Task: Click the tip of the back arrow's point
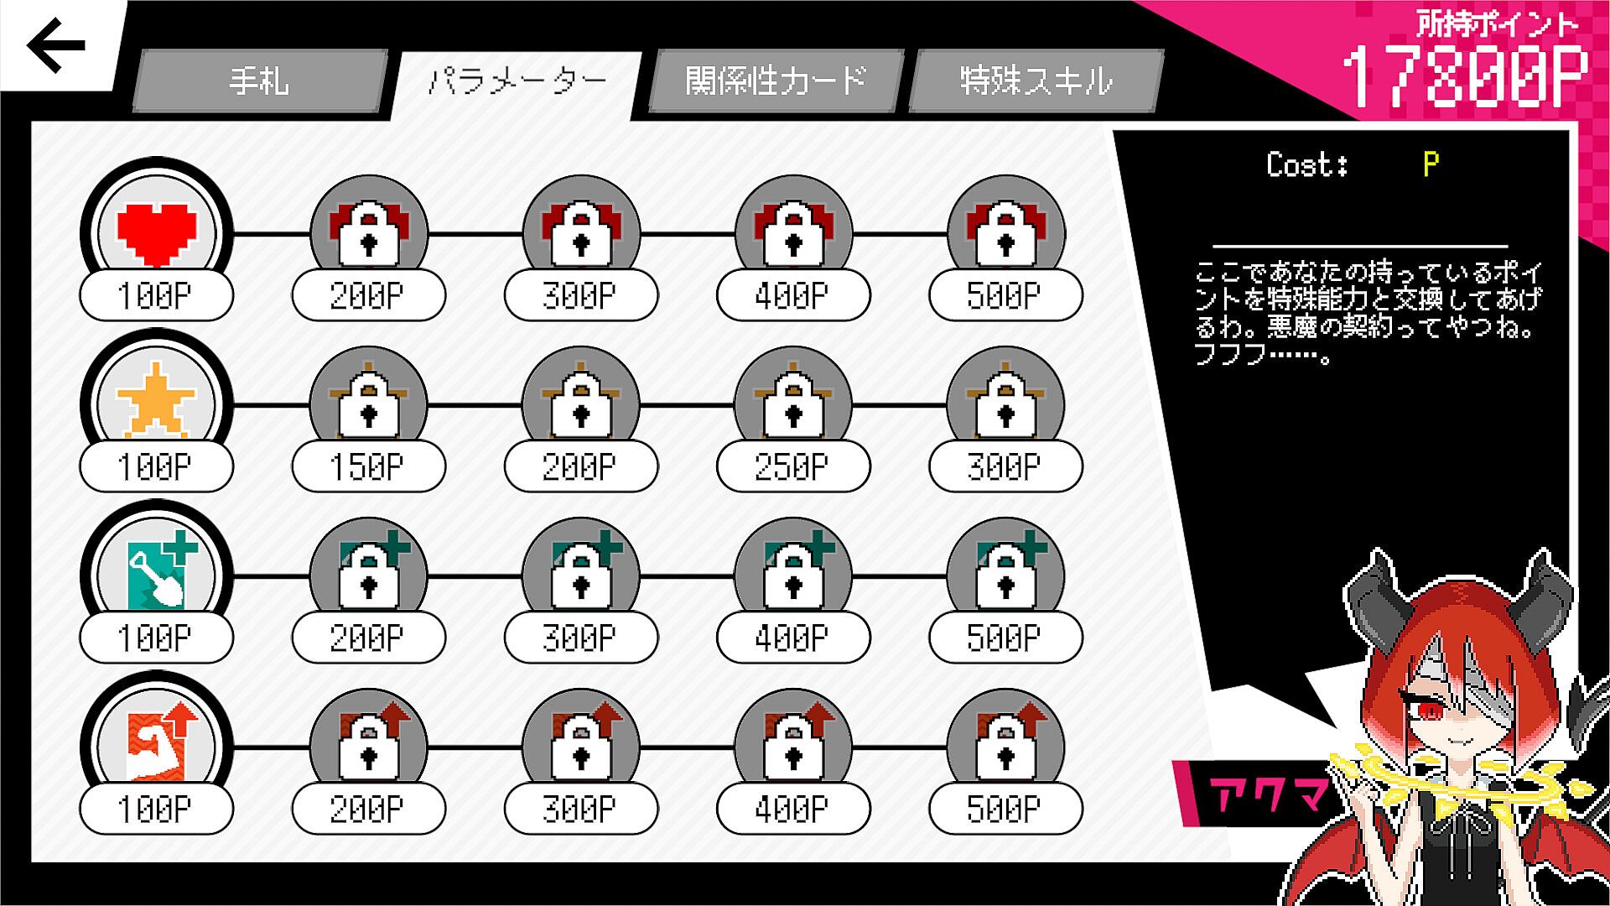[x=29, y=45]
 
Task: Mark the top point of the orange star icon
[x=156, y=362]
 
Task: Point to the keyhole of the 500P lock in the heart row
[x=1006, y=244]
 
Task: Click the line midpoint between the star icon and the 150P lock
[x=271, y=405]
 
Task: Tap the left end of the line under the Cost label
[x=1213, y=246]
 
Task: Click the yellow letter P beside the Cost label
[x=1431, y=164]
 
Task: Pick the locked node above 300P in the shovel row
[x=581, y=574]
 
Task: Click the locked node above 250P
[x=793, y=403]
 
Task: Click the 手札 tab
[x=259, y=81]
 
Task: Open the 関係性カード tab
[x=776, y=81]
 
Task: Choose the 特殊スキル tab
[x=1036, y=81]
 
